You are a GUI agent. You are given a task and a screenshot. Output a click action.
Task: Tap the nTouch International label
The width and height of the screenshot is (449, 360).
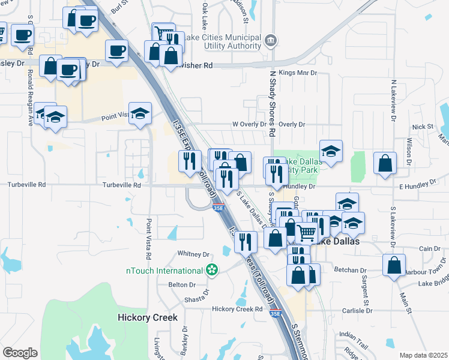[163, 271]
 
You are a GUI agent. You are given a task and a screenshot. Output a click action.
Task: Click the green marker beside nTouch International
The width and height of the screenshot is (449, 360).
[211, 271]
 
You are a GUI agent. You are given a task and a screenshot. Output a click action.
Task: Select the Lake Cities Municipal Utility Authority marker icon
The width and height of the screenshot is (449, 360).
[271, 40]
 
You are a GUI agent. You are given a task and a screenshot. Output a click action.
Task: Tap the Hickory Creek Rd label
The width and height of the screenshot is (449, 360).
[238, 309]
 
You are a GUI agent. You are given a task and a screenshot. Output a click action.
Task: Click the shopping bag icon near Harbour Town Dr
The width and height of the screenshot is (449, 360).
[393, 265]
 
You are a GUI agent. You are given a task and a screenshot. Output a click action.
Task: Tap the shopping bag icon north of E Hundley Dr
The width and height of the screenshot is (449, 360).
[384, 163]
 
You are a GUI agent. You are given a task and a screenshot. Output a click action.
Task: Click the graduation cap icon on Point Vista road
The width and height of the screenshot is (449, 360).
[140, 113]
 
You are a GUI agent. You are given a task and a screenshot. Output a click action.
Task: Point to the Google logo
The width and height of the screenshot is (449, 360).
[20, 353]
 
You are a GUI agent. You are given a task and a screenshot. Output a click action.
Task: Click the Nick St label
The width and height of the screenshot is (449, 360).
[423, 127]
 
